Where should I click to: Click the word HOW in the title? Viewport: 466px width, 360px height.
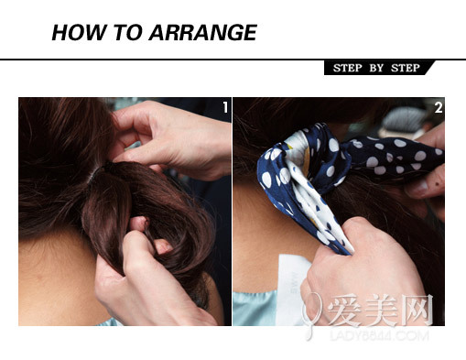point(80,32)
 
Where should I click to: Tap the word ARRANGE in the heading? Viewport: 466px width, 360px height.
point(202,32)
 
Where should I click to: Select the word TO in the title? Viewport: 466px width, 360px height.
point(128,32)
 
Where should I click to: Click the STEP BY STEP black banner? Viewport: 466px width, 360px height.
point(379,68)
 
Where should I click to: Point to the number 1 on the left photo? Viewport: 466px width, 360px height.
point(225,107)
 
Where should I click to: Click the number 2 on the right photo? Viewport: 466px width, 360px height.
point(439,107)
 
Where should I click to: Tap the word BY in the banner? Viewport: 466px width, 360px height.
point(376,68)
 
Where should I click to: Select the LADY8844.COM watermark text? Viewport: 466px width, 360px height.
point(379,335)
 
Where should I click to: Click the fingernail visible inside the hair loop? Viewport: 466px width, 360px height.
point(162,245)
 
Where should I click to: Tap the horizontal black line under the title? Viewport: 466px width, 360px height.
point(233,60)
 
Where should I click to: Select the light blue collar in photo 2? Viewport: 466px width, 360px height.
point(255,309)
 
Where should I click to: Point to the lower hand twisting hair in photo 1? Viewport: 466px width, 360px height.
point(146,275)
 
